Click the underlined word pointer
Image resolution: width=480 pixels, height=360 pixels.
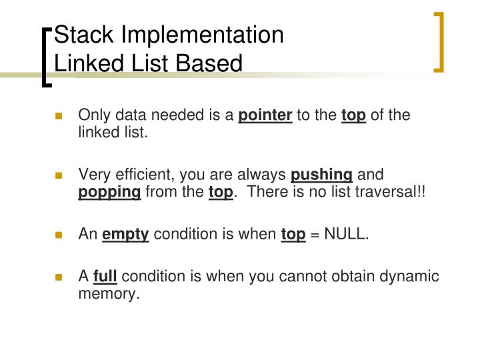tap(265, 116)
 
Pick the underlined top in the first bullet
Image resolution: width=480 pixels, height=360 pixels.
tap(353, 116)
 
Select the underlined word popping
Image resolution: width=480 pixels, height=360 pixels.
tap(109, 193)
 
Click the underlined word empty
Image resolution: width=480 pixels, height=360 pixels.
tap(125, 234)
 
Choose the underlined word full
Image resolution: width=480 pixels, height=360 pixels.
tap(105, 276)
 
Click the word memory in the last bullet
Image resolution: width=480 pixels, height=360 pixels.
tap(109, 293)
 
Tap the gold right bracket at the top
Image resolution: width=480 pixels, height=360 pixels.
tap(439, 41)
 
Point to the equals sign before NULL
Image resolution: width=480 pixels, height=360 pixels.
tap(315, 234)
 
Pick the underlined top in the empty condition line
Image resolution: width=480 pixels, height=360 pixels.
tap(293, 234)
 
